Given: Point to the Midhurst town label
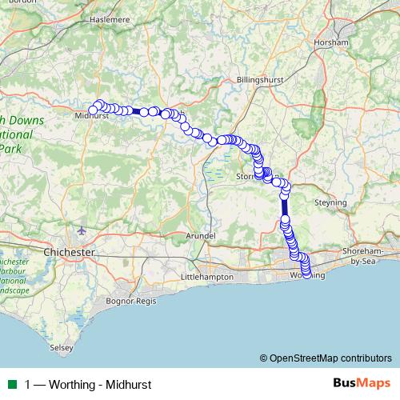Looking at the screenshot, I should (90, 116).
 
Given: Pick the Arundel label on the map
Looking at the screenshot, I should (200, 236).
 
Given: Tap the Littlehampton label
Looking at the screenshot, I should (207, 276).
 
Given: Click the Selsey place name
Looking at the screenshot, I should (61, 348).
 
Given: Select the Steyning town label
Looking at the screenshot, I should (330, 203).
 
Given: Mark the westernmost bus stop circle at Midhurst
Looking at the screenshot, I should (93, 110).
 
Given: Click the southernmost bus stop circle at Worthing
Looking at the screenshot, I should (306, 276).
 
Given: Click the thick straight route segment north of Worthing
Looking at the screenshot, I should (285, 206).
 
